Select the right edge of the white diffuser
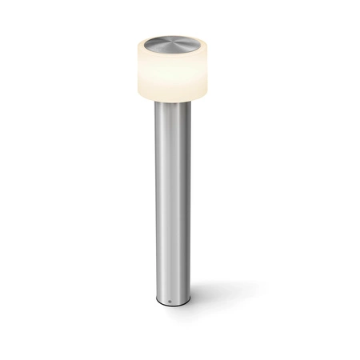click(211, 70)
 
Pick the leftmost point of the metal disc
click(143, 43)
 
